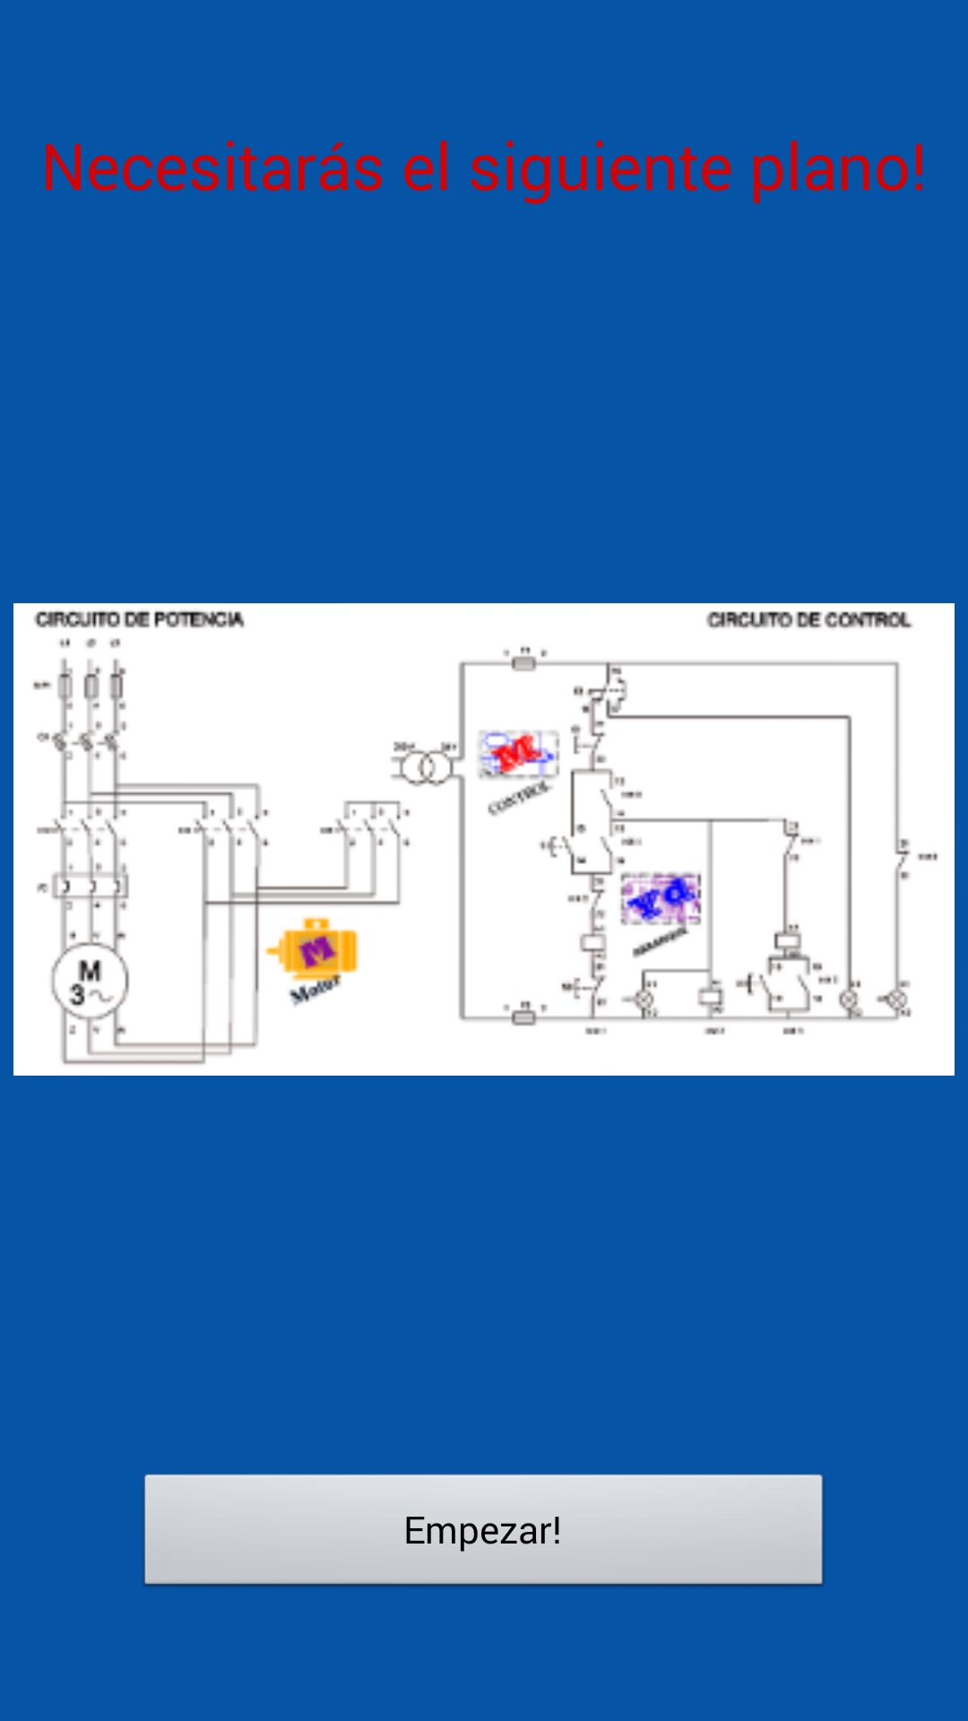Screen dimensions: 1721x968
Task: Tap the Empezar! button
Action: click(483, 1529)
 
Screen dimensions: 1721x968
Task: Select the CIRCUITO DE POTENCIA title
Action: click(140, 619)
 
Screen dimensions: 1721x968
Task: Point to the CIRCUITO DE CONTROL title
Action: click(808, 619)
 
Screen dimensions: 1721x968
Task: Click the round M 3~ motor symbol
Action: click(90, 982)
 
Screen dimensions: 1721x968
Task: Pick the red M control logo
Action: click(518, 753)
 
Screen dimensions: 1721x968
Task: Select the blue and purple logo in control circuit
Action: click(661, 898)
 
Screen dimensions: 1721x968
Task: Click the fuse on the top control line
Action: click(523, 663)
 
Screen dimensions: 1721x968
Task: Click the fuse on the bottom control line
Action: click(523, 1016)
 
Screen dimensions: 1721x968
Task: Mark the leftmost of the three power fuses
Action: click(65, 687)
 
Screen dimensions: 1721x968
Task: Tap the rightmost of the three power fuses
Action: click(117, 687)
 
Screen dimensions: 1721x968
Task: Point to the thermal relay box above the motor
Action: click(91, 887)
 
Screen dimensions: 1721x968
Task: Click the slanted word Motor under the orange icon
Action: click(315, 990)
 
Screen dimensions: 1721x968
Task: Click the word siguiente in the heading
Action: click(600, 168)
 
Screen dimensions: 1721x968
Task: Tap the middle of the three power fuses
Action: click(91, 687)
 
